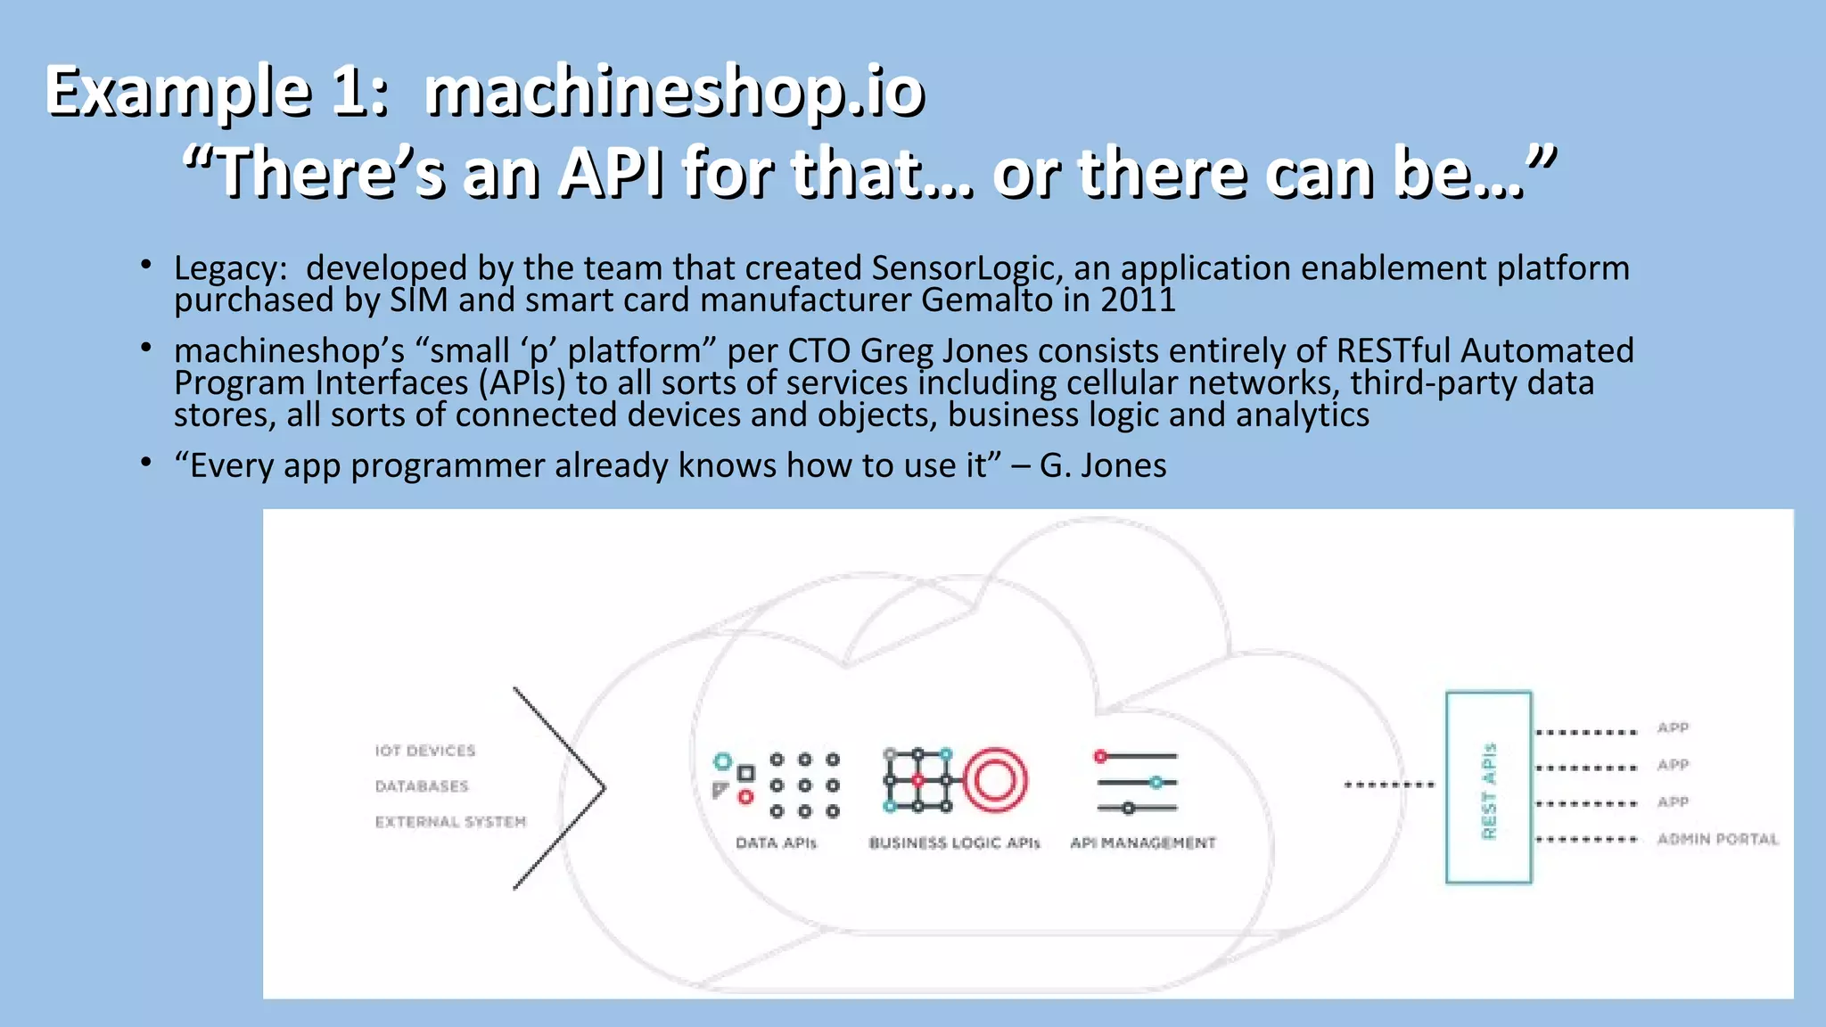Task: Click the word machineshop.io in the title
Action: pos(674,92)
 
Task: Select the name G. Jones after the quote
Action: pos(1103,465)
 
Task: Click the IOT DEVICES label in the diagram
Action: pos(425,751)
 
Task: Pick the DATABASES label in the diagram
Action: pos(422,786)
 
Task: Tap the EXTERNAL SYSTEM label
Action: pos(450,822)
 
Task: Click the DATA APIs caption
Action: pos(776,843)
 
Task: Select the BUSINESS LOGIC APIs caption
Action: pos(954,843)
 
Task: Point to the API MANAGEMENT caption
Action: pos(1142,843)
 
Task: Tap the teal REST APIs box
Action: pos(1488,788)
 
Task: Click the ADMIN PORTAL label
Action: pos(1717,840)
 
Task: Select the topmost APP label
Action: pos(1673,728)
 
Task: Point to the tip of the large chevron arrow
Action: pos(604,788)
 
